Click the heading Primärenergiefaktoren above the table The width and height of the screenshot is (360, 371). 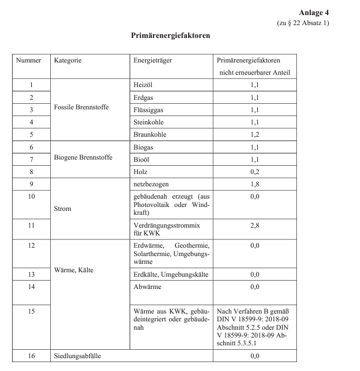coord(170,35)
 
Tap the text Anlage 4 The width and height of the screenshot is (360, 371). coord(314,12)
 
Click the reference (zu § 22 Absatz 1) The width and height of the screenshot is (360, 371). coord(303,22)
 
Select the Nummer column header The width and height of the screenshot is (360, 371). coord(28,60)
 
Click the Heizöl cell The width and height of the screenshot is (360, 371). coord(143,84)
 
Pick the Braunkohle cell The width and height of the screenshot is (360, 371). coord(150,134)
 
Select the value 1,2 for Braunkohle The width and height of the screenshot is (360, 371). coord(255,134)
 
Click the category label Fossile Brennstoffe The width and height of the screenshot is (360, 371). coord(81,107)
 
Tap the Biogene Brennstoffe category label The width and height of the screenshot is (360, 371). coord(83,157)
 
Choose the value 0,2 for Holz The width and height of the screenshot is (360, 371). coord(255,172)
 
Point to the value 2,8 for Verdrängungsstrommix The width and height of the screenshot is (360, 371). coord(255,225)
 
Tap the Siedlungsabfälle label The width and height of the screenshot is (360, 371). coord(79,355)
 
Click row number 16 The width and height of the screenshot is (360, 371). coord(31,355)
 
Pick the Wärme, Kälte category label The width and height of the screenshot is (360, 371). coord(74,271)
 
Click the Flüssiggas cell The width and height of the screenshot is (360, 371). coord(148,109)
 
